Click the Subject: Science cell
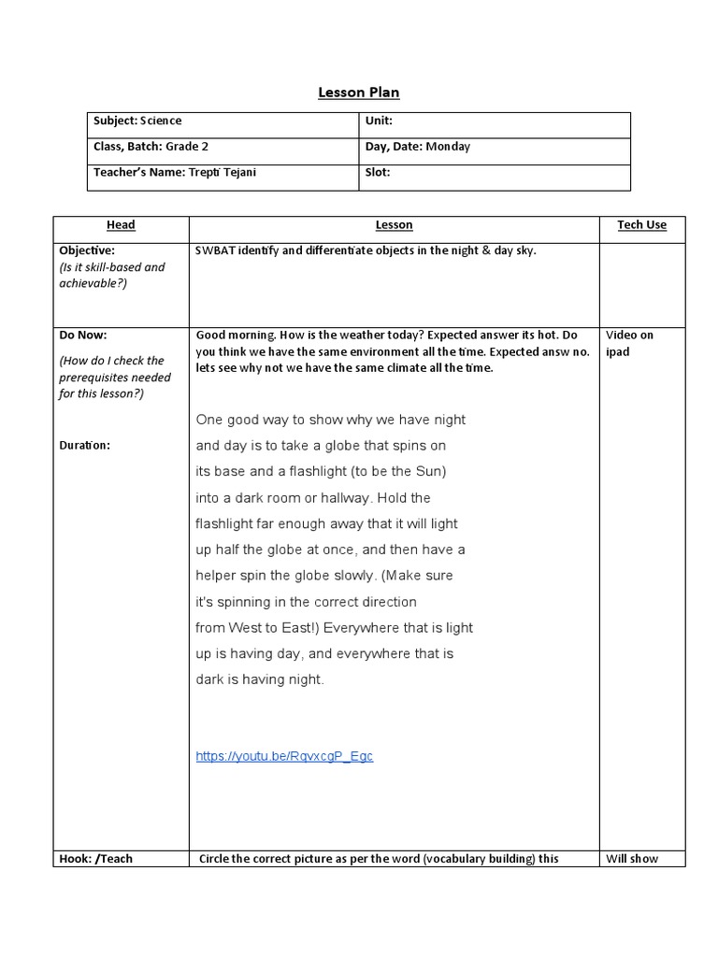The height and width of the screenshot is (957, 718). coord(137,121)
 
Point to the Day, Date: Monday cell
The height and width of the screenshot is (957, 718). coord(417,147)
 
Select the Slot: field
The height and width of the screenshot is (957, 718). coord(377,173)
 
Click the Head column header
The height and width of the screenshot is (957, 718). coord(121,225)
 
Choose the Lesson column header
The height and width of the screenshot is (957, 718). coord(394,225)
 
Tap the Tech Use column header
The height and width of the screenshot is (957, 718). coord(642,225)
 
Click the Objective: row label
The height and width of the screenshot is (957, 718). coord(87,250)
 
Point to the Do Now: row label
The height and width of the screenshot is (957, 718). coord(83,335)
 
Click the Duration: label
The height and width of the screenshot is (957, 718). coord(84,445)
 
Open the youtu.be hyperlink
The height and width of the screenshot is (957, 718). coord(284,756)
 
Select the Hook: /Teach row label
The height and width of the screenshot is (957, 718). coord(95,859)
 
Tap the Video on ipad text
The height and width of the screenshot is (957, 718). coord(629,343)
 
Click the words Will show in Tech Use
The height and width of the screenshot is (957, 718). coord(632,859)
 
